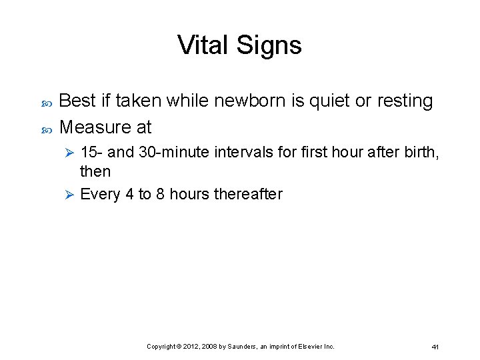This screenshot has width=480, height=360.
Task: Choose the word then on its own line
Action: pyautogui.click(x=95, y=171)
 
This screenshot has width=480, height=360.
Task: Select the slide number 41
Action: pyautogui.click(x=435, y=347)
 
